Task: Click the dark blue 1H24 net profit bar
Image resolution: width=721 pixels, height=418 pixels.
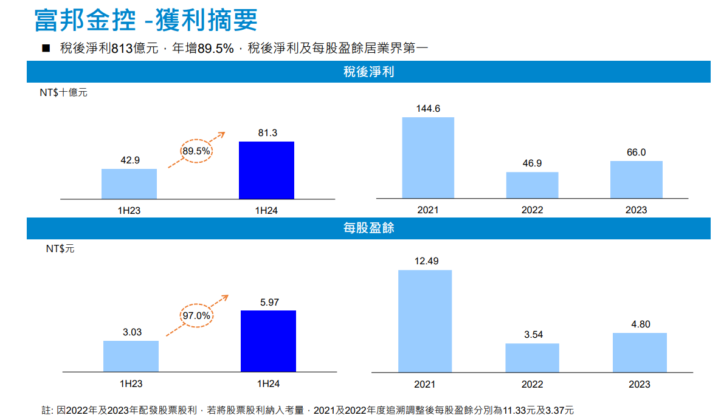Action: point(266,170)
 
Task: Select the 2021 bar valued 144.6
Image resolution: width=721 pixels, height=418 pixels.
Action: point(428,157)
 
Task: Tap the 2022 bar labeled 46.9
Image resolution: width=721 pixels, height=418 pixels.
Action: point(532,185)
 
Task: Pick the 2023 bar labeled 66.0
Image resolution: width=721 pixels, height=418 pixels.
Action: point(636,179)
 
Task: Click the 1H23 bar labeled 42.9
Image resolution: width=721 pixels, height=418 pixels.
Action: point(129,183)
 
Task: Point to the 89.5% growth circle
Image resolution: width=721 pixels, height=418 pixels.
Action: point(196,151)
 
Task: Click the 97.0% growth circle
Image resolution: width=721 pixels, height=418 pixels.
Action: point(196,316)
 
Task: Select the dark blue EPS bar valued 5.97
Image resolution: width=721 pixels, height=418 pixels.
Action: point(268,341)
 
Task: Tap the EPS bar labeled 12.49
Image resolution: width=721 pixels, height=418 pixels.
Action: point(425,320)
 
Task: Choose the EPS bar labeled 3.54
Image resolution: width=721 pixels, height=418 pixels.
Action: point(532,357)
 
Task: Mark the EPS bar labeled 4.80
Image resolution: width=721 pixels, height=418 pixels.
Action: point(640,352)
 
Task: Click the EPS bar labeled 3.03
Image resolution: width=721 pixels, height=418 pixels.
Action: point(131,356)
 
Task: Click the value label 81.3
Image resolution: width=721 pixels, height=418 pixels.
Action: point(267,133)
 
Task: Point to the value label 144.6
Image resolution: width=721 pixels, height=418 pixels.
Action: point(428,109)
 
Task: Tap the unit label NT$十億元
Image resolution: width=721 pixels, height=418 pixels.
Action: point(63,93)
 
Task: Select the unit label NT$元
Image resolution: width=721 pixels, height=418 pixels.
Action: point(60,248)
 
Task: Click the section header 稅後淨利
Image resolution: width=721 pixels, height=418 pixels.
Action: point(368,72)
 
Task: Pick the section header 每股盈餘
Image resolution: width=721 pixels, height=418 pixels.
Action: point(368,228)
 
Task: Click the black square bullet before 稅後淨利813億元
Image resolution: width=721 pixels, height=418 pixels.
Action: point(46,49)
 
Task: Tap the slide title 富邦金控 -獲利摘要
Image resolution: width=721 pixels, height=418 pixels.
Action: point(146,20)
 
